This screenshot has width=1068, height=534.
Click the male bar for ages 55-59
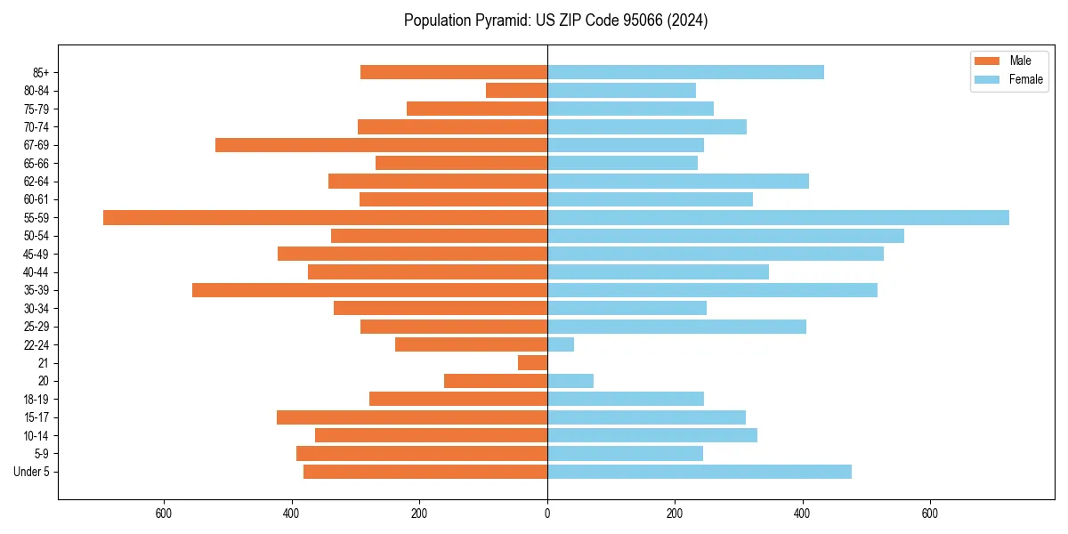pyautogui.click(x=325, y=217)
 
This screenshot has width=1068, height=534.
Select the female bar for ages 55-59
pyautogui.click(x=778, y=217)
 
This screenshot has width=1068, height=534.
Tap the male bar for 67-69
pyautogui.click(x=381, y=145)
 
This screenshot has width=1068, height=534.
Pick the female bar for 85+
pyautogui.click(x=685, y=72)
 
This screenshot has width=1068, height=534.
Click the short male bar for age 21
pyautogui.click(x=532, y=362)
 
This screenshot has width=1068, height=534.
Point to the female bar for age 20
pyautogui.click(x=570, y=381)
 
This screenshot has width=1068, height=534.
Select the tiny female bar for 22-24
pyautogui.click(x=561, y=344)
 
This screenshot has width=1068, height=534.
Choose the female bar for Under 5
pyautogui.click(x=699, y=472)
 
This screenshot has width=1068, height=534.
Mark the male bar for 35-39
pyautogui.click(x=369, y=290)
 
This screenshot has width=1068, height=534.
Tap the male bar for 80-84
pyautogui.click(x=516, y=91)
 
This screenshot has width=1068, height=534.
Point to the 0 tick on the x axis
pyautogui.click(x=547, y=514)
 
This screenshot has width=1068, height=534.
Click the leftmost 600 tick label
pyautogui.click(x=163, y=514)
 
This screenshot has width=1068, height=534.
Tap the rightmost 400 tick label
pyautogui.click(x=802, y=514)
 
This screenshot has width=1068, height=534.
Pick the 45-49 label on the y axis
pyautogui.click(x=36, y=254)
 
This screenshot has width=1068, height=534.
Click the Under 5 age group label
pyautogui.click(x=31, y=472)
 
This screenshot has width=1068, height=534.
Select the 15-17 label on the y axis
pyautogui.click(x=36, y=417)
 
